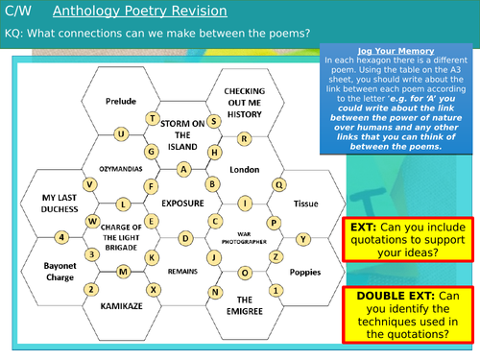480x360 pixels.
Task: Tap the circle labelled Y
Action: (x=303, y=238)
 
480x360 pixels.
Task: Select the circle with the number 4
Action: (x=62, y=237)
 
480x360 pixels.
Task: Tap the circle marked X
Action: (x=151, y=289)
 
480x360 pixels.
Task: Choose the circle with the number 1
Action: (x=276, y=289)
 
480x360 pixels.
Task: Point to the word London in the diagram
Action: (x=245, y=169)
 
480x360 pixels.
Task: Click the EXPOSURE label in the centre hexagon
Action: (x=182, y=204)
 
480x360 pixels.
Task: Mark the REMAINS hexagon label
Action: (x=182, y=272)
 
